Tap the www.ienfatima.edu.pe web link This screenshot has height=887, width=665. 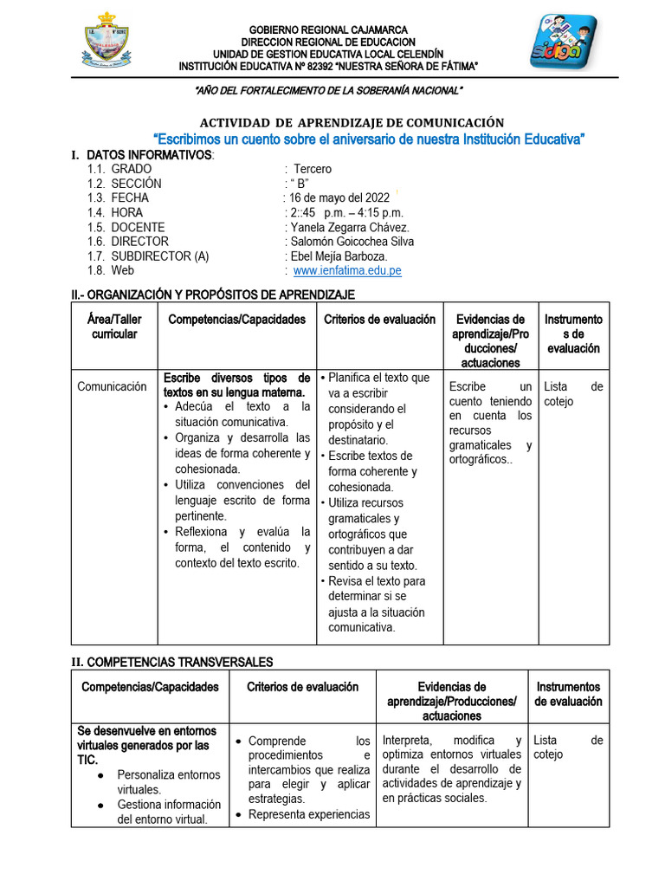[347, 271]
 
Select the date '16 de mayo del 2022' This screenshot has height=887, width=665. [339, 197]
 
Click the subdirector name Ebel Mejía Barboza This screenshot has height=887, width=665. [339, 256]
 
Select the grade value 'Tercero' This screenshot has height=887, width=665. [313, 169]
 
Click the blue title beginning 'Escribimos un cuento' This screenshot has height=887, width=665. [369, 139]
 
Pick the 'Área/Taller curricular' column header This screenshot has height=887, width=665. [114, 327]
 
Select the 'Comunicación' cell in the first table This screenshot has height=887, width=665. [112, 386]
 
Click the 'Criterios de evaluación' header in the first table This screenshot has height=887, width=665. [379, 320]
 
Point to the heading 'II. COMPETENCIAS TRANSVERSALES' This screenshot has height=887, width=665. [171, 662]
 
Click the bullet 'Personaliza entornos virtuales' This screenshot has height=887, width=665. [168, 781]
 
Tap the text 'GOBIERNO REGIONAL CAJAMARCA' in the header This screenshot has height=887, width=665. [328, 30]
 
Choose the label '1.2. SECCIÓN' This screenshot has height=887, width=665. [124, 184]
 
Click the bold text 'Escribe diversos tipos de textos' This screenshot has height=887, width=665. [236, 385]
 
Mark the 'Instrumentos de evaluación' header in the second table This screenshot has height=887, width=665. [568, 694]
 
